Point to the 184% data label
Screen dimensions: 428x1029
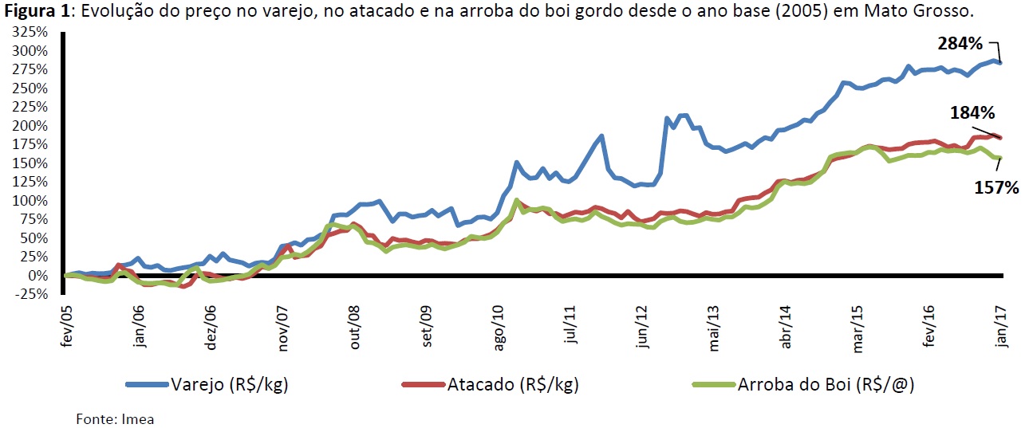pos(972,114)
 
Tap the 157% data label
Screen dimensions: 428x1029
pos(996,188)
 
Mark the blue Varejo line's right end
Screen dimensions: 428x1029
pos(1000,62)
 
